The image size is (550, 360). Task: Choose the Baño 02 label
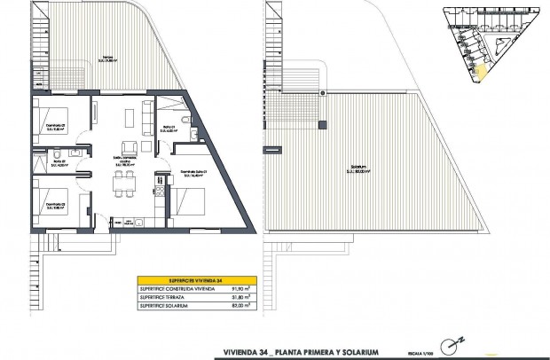(x=59, y=162)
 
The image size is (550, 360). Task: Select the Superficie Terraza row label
(x=164, y=296)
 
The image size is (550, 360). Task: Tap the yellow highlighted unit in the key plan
(x=482, y=74)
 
